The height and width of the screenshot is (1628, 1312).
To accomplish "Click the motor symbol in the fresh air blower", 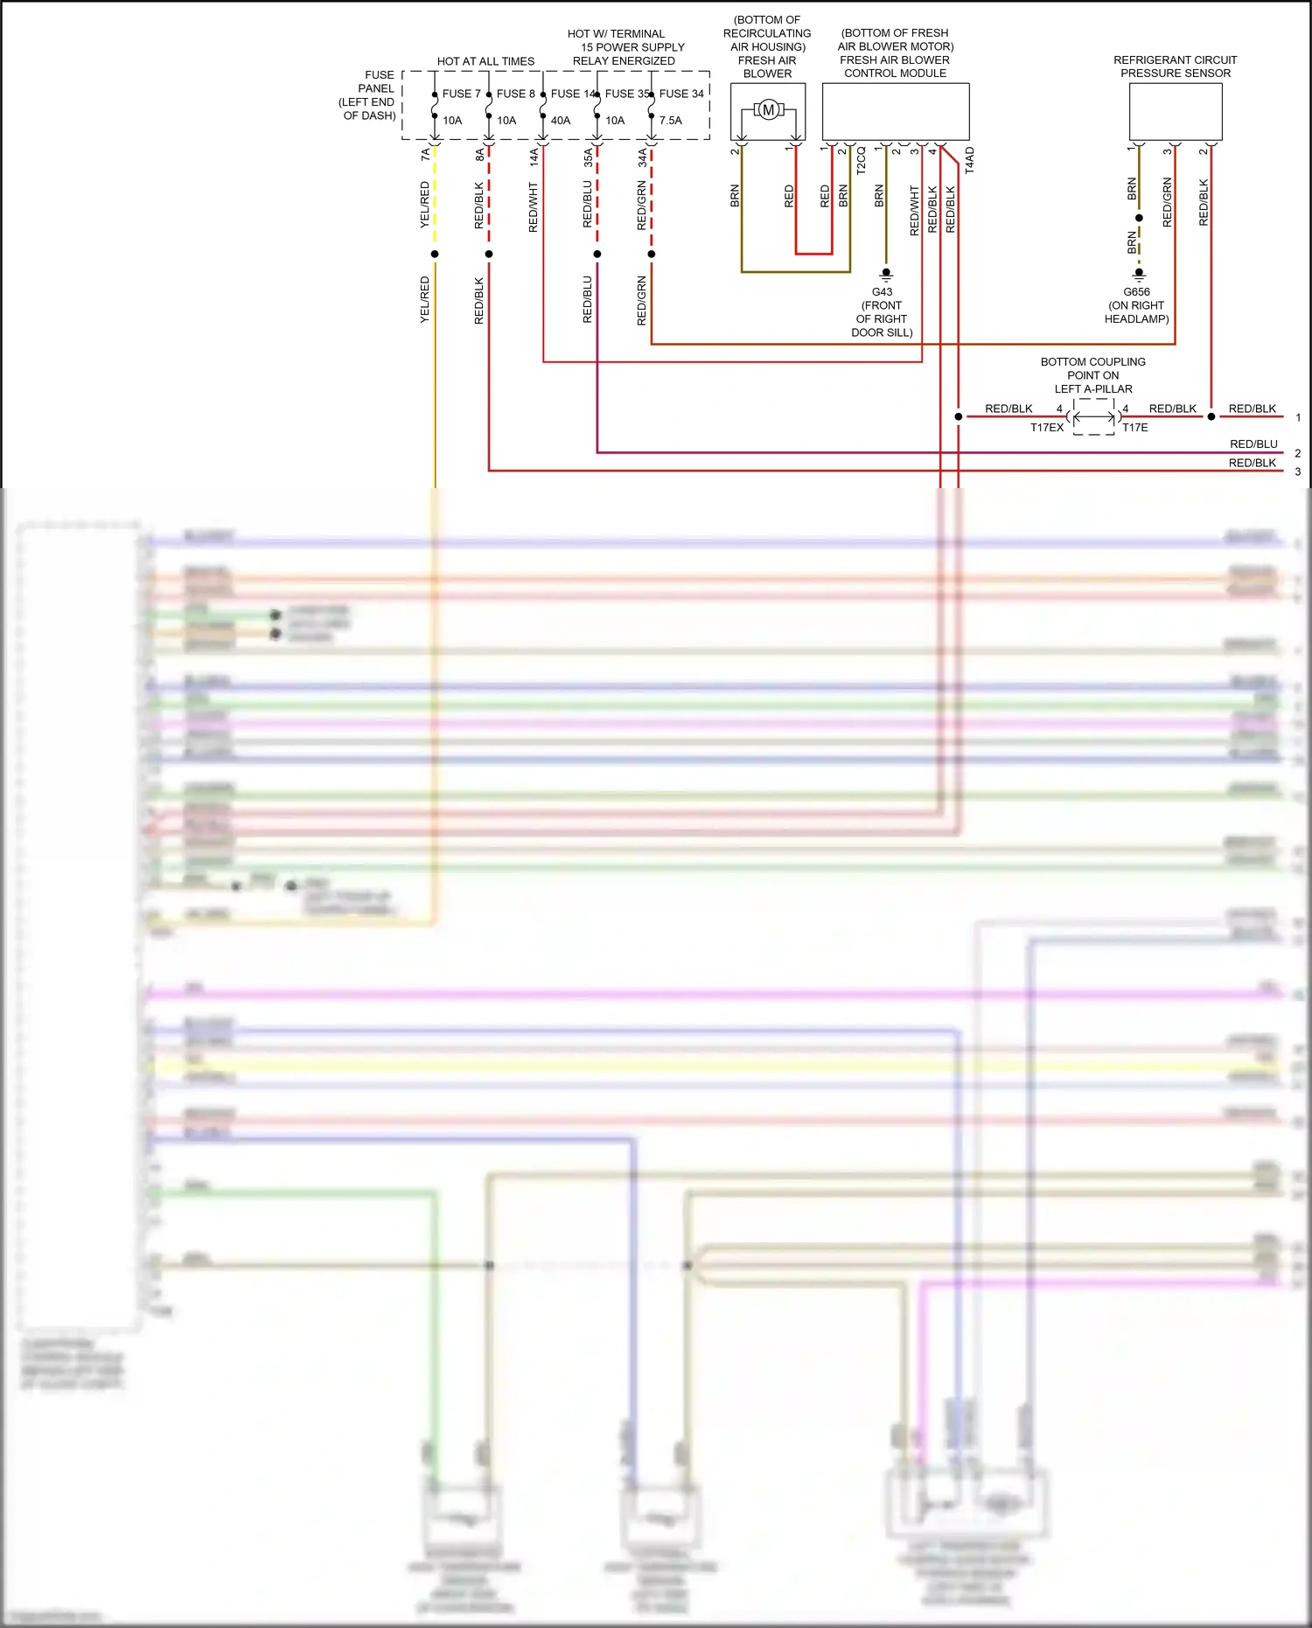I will coord(768,110).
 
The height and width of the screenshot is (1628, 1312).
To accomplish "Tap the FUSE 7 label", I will coord(461,94).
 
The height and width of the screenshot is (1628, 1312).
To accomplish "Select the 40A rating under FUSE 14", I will coord(561,121).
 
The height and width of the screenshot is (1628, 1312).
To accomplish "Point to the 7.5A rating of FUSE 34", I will coord(671,121).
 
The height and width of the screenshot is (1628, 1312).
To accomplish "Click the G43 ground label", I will coord(882,292).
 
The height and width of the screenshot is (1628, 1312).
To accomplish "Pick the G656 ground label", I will coord(1136,292).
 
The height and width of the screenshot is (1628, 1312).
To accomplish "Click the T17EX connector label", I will coord(1047,428).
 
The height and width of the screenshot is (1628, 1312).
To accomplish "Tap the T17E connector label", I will coord(1135,428).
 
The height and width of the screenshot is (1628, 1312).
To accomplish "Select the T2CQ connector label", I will coord(862,160).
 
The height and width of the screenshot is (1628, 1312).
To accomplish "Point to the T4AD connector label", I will coord(970,160).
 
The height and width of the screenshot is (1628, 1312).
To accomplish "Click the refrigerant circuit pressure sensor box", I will coord(1176,111).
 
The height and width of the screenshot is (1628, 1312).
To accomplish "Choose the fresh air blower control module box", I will coord(896,111).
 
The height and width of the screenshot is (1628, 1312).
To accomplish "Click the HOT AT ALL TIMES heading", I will coord(485,61).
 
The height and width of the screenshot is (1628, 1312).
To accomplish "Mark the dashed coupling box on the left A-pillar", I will coord(1093,417).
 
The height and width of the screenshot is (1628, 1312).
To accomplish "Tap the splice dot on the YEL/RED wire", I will coord(435,255).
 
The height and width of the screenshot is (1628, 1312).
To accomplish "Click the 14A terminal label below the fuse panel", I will coord(534,157).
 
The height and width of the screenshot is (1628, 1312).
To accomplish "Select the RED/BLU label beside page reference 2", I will coord(1253,444).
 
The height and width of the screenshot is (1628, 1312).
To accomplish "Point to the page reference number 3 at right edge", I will coord(1298,472).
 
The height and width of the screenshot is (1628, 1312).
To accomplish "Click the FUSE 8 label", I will coord(515,94).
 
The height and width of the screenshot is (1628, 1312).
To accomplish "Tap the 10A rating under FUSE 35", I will coord(615,121).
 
